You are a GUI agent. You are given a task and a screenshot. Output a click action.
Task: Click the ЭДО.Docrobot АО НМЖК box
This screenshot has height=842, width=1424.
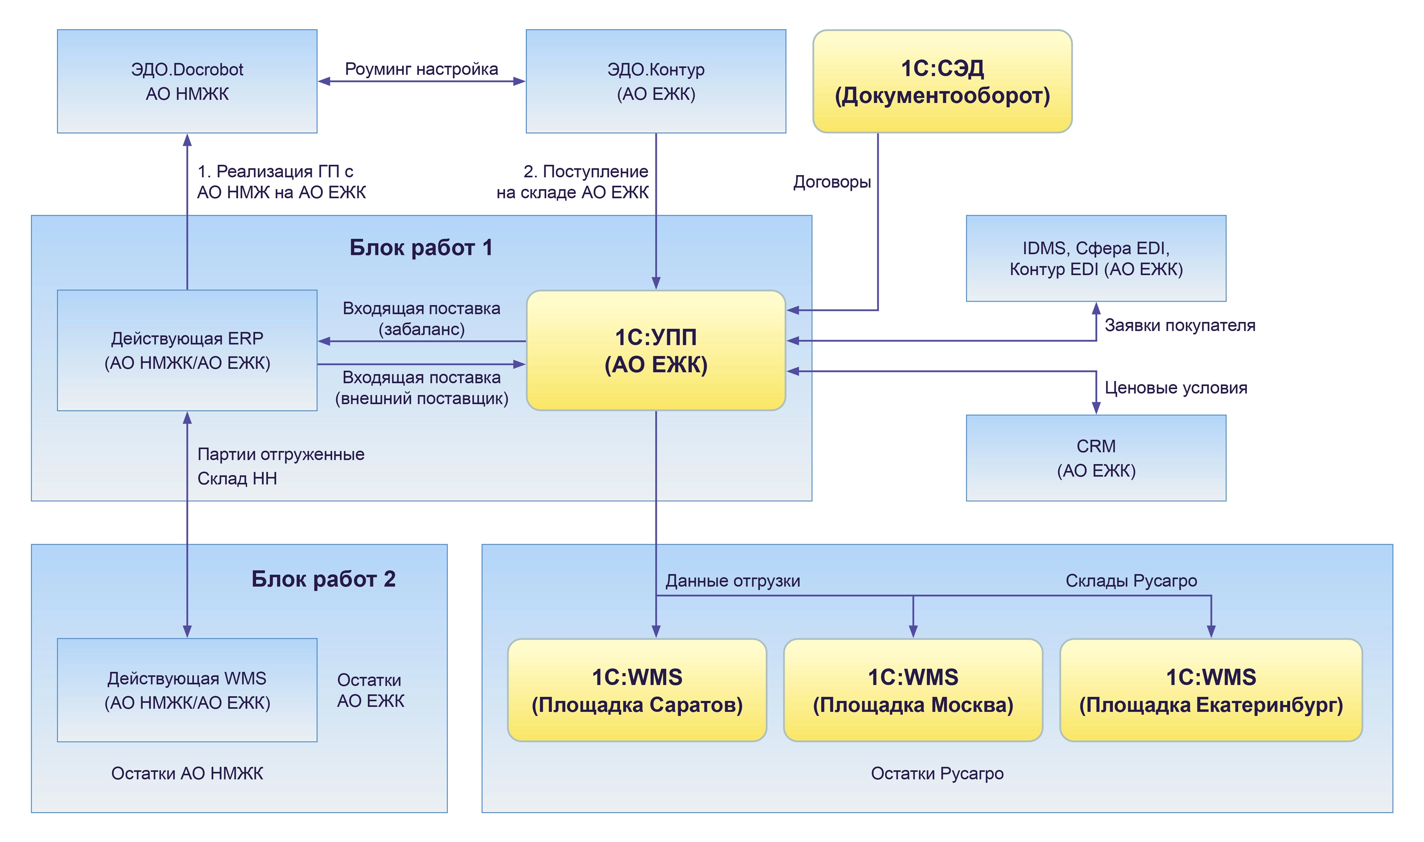[x=187, y=81]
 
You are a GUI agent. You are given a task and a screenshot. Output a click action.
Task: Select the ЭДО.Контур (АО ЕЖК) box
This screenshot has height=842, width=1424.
[x=655, y=81]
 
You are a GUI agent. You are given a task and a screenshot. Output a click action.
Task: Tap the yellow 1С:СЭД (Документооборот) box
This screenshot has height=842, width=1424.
[x=942, y=81]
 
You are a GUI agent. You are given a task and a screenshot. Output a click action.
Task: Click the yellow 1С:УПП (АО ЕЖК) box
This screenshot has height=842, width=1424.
[x=655, y=350]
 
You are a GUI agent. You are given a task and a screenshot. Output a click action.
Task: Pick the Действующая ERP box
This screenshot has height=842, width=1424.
[x=187, y=350]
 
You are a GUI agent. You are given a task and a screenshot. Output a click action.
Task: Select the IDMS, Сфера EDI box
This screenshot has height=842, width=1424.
[x=1096, y=258]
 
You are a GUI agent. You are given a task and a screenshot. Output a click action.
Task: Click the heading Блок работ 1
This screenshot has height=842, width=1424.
[x=420, y=248]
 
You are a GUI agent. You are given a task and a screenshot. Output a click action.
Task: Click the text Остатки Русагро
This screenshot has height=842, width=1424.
[x=937, y=773]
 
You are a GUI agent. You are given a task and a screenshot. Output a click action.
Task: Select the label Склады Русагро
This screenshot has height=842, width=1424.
[x=1130, y=581]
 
